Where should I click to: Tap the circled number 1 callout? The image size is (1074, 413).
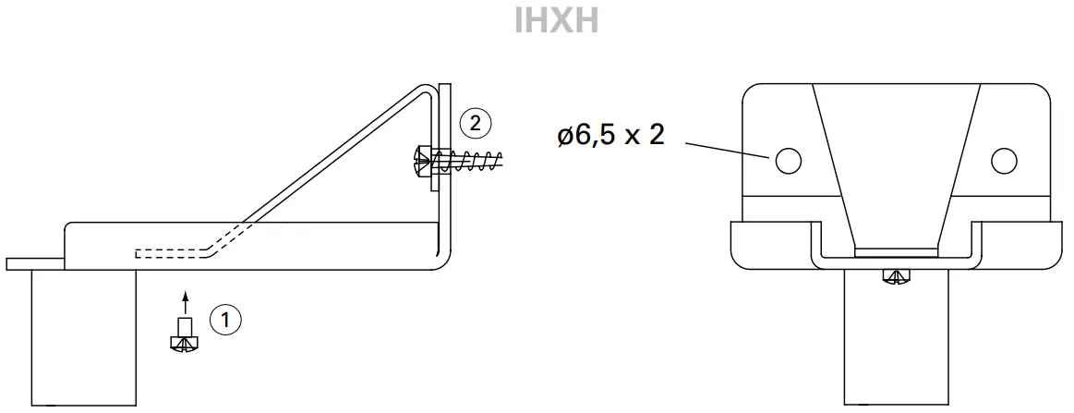tap(225, 320)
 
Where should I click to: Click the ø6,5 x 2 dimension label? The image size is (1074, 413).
tap(610, 136)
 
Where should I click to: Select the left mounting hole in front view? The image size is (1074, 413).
tap(787, 161)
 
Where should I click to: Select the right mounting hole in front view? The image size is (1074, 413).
tap(1004, 161)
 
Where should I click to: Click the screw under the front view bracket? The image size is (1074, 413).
tap(895, 274)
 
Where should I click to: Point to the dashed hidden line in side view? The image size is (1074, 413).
tap(175, 251)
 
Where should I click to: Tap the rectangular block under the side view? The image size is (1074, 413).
tap(84, 337)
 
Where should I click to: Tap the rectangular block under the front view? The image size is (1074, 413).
tap(895, 342)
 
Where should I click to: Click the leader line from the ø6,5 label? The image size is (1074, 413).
tap(725, 150)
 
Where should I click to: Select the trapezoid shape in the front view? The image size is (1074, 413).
tap(895, 166)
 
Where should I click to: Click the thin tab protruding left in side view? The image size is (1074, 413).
tap(33, 264)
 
